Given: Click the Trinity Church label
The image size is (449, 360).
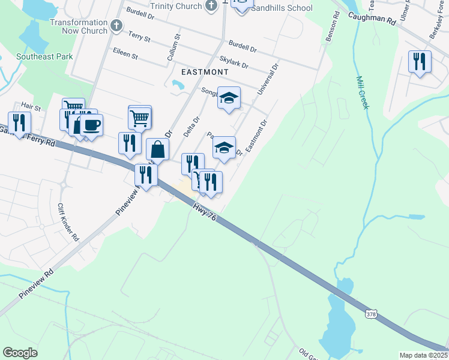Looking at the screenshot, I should coord(175,5).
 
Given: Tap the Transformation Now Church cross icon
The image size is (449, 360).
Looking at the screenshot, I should coord(116,26).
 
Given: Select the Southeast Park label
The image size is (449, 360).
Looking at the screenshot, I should coord(45,57).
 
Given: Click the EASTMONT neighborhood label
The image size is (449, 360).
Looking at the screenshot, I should coord(196,71).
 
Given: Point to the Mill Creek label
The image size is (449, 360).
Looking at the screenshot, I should coord(363,91).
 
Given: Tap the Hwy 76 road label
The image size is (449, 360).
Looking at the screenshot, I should coord(204,213).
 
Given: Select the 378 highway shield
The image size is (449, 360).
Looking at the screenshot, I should coord(372,314).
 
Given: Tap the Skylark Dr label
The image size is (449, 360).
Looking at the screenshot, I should coord(234,61).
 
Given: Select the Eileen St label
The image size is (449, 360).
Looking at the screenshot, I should coord(125,55).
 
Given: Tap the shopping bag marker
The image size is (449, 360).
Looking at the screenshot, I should coord(157,149).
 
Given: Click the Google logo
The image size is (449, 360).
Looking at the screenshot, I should coord(20,353).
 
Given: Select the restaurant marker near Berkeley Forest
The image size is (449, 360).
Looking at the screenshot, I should coord(420,61).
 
